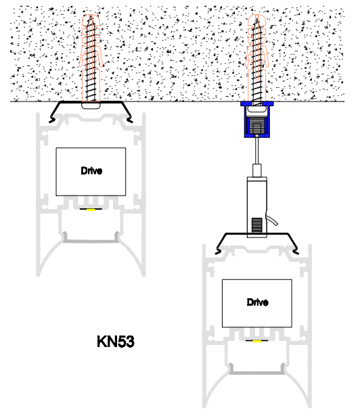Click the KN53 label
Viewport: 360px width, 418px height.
[x=116, y=342]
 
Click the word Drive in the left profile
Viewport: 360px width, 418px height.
[x=91, y=170]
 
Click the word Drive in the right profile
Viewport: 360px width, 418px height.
[x=257, y=302]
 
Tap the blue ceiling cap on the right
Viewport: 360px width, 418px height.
[x=257, y=119]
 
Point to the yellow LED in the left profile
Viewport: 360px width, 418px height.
[x=91, y=210]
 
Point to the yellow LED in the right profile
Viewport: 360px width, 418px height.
[x=257, y=341]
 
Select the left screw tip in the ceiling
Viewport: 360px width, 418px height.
[x=91, y=16]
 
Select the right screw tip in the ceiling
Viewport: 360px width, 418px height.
[x=257, y=16]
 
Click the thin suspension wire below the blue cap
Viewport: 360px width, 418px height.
[x=257, y=151]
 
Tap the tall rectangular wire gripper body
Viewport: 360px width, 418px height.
[x=256, y=206]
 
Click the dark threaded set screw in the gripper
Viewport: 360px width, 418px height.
[x=256, y=225]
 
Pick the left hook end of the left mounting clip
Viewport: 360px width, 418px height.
[x=51, y=120]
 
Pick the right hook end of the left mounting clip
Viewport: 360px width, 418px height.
[x=130, y=120]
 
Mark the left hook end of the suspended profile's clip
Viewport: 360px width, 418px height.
[x=218, y=252]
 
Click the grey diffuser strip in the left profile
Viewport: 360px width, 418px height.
[x=91, y=241]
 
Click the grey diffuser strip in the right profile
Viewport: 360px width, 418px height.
[x=257, y=372]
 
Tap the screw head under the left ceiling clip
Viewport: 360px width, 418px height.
[x=91, y=106]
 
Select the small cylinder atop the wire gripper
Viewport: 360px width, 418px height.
[x=257, y=170]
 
